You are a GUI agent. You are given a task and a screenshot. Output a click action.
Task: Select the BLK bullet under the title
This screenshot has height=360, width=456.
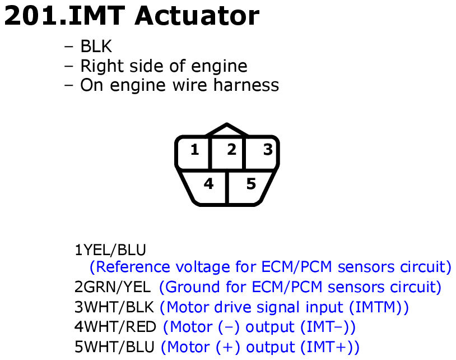point(96,47)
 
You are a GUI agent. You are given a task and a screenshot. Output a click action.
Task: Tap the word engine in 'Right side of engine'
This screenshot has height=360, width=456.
point(219,66)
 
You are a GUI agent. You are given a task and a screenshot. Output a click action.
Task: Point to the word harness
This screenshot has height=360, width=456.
point(246,85)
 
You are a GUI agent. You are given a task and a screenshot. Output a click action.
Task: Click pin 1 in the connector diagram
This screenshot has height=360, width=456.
point(194,150)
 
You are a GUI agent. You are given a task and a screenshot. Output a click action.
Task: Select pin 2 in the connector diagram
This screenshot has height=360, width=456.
point(231,150)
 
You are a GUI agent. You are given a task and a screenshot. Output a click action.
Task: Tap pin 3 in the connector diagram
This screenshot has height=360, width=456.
point(268,150)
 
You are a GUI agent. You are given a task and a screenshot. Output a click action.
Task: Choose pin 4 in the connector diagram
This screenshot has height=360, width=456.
point(208,183)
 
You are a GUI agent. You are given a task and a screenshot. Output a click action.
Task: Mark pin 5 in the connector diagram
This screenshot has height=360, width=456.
point(251,184)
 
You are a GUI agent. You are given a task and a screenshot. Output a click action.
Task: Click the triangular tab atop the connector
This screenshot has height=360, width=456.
point(227,130)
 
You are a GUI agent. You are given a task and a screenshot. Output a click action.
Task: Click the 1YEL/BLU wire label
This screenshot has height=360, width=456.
point(110,250)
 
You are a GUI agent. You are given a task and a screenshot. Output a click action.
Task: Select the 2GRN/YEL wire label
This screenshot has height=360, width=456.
point(113,287)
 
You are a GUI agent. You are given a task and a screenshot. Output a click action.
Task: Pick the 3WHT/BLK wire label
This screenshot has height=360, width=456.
point(114,307)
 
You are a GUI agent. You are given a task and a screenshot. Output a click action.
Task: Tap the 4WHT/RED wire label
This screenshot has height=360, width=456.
point(115,327)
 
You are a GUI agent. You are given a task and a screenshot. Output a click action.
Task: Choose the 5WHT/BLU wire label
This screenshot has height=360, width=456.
point(114,347)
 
